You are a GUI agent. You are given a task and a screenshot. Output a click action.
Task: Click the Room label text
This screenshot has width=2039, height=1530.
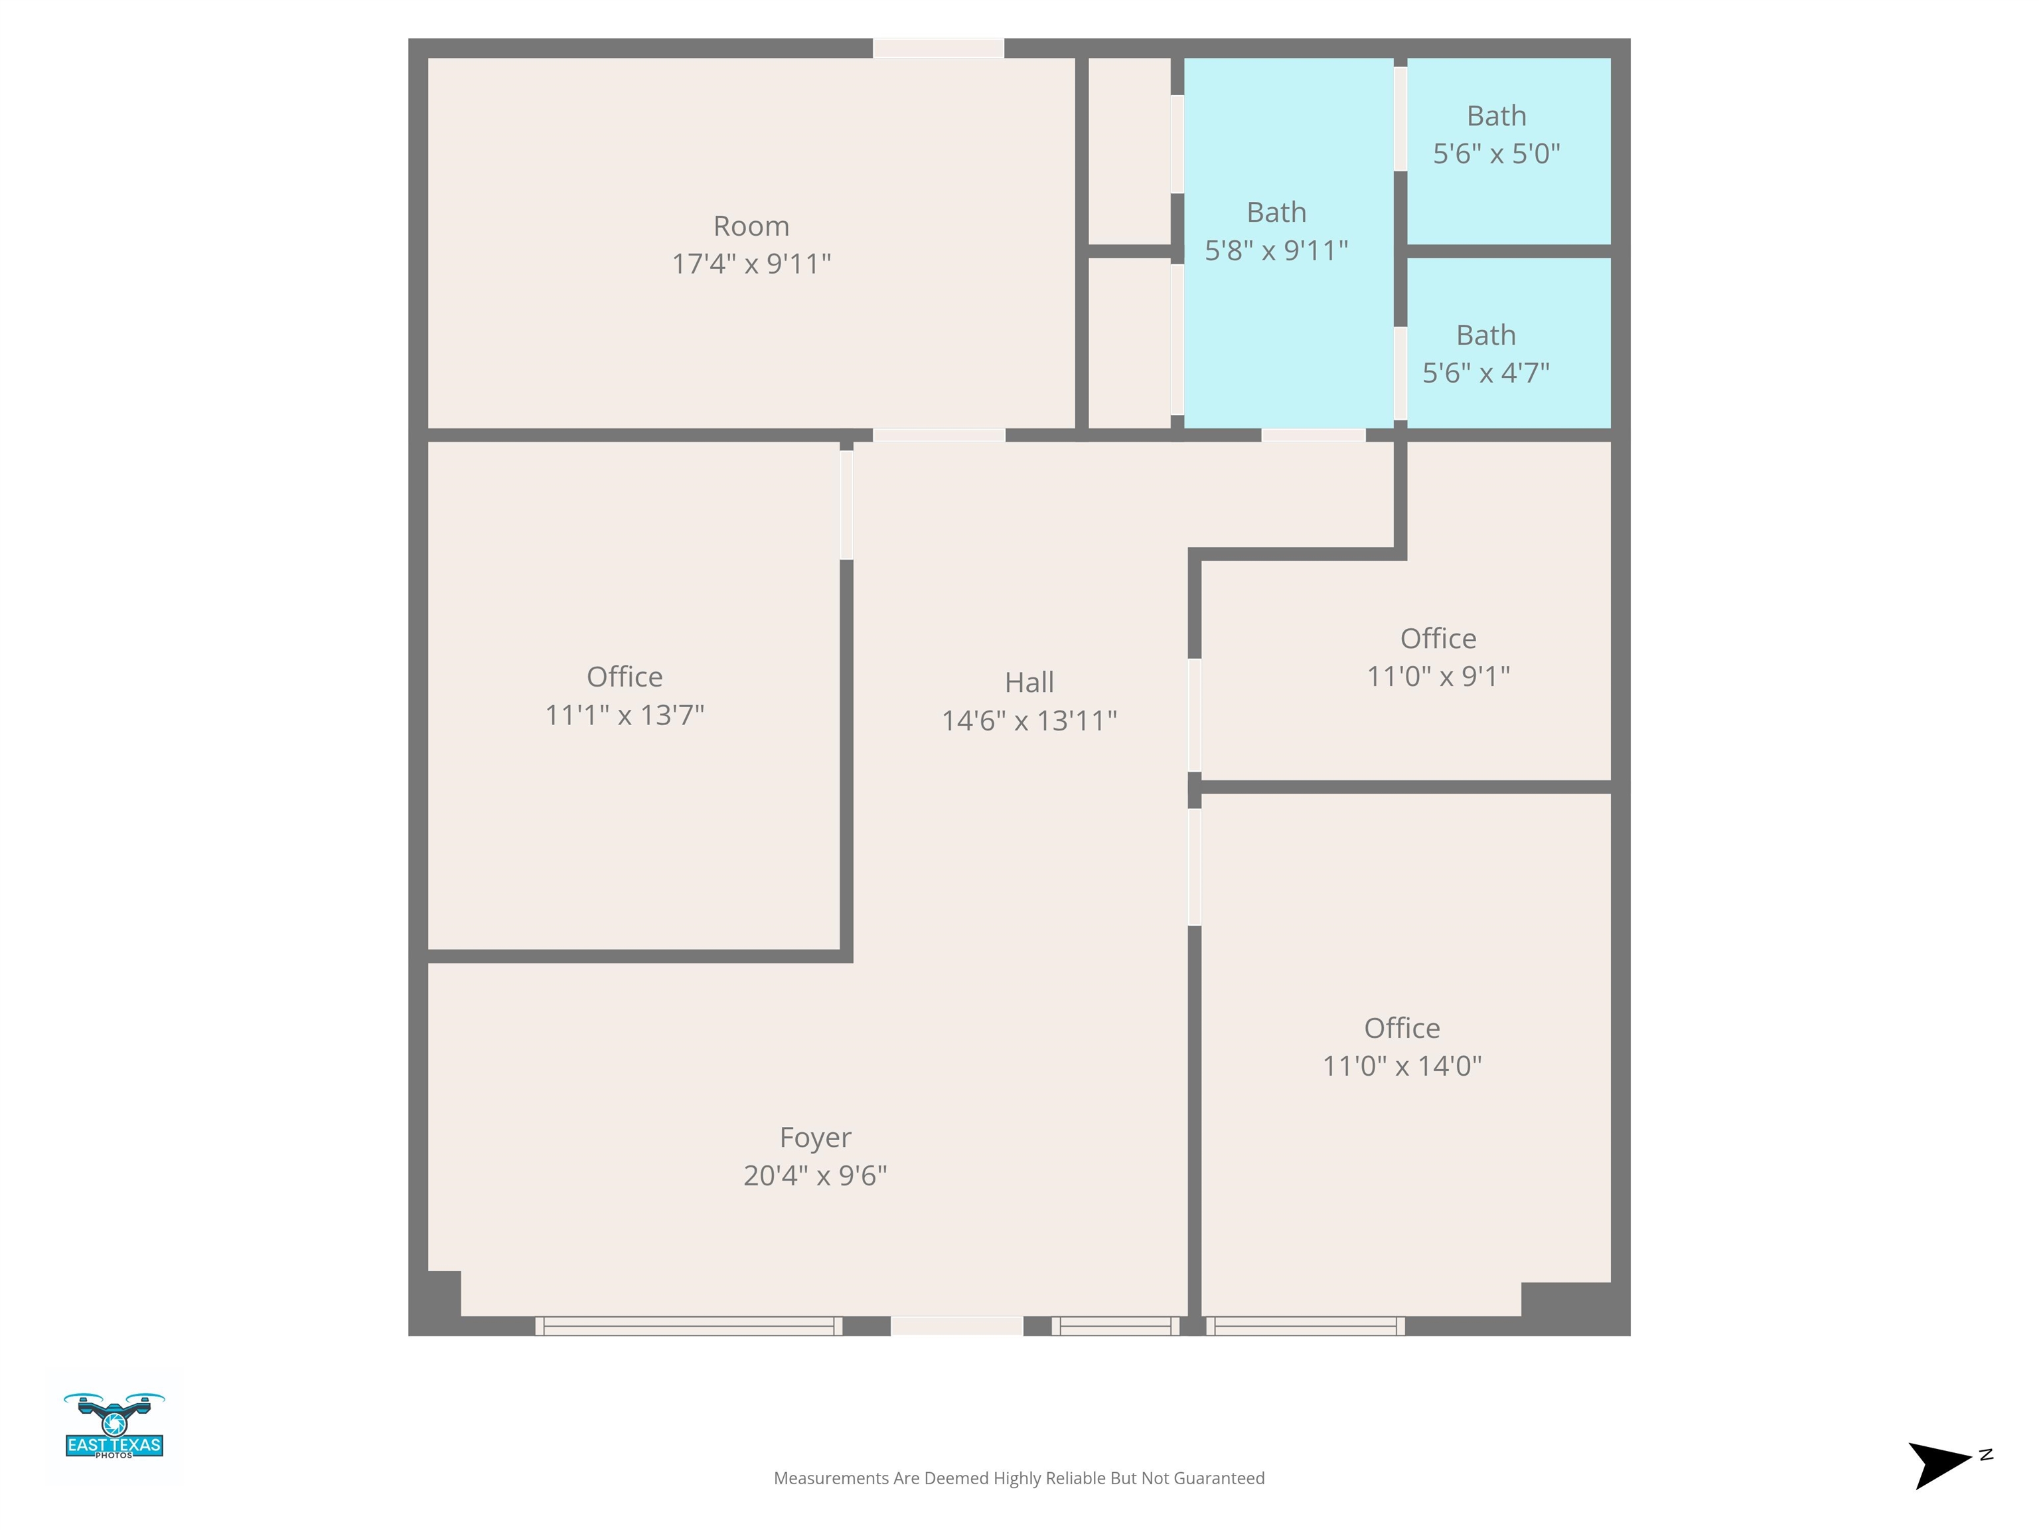coord(751,226)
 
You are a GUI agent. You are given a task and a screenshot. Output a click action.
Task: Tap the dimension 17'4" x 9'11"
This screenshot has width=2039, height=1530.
coord(751,264)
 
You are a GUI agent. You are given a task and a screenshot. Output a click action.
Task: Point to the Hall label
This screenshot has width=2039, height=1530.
coord(1029,683)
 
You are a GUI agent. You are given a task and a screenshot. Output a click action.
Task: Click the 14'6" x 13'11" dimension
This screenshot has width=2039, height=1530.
coord(1029,721)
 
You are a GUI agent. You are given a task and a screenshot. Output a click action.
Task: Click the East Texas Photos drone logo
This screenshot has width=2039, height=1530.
coord(114,1425)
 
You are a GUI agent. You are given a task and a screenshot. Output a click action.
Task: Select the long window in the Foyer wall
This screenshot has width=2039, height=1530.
coord(688,1326)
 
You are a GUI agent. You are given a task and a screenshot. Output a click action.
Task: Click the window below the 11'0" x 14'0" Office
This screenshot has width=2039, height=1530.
coord(1306,1326)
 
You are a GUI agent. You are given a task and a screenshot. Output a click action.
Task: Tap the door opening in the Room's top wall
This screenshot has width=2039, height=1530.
coord(939,48)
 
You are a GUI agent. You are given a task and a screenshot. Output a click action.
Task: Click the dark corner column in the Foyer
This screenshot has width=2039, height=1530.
coord(444,1294)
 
